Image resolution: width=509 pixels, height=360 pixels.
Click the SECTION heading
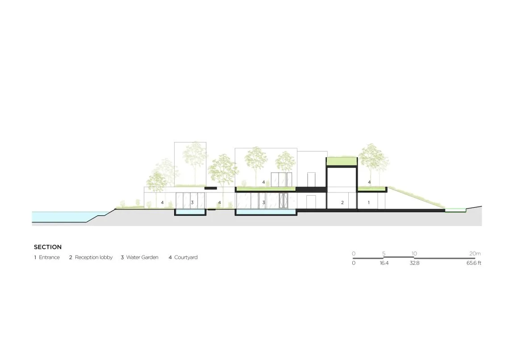tap(48, 247)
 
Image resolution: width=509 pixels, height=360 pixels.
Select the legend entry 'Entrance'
tap(50, 257)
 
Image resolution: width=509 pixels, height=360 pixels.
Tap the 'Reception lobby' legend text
tap(94, 257)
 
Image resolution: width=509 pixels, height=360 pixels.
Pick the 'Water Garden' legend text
tap(142, 257)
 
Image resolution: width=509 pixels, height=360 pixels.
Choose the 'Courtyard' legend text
tap(186, 257)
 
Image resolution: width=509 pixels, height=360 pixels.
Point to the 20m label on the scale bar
tap(475, 254)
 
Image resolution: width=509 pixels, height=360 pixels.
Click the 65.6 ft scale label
tap(474, 263)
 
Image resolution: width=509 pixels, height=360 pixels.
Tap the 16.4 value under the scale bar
tap(384, 263)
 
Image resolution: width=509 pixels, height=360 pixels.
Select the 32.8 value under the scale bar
tap(414, 263)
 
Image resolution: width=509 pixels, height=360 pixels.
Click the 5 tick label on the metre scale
tap(384, 254)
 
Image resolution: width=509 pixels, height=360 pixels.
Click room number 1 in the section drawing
tap(368, 203)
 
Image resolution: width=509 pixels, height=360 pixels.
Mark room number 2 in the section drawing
tap(342, 203)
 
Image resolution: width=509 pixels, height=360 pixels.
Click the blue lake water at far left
tap(65, 216)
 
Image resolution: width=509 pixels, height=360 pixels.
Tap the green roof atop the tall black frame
tap(342, 161)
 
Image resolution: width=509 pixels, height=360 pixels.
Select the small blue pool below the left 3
tap(190, 212)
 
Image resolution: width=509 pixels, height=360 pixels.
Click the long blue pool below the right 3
tap(266, 212)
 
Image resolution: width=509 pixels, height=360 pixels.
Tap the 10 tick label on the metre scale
tap(414, 254)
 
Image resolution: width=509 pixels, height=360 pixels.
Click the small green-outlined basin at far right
tap(455, 210)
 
